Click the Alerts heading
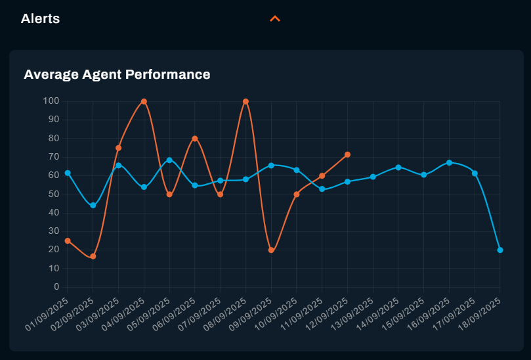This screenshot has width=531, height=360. [40, 18]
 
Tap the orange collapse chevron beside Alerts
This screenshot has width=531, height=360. [275, 18]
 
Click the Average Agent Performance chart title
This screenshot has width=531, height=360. [117, 74]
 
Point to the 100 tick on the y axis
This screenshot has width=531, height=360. [51, 101]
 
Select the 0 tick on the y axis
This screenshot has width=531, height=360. [56, 287]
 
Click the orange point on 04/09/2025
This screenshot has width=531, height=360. [144, 102]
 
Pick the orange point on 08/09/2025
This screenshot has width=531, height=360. [245, 102]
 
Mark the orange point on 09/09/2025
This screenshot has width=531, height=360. [271, 250]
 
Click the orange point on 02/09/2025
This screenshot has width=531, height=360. [93, 256]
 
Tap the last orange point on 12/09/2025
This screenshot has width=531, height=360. [347, 155]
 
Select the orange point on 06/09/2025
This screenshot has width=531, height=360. [195, 139]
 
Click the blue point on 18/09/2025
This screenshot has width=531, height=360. [500, 250]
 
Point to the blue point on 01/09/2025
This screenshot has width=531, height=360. [68, 173]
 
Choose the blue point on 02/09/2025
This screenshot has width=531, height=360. [93, 206]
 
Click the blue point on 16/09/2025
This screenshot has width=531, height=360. [449, 162]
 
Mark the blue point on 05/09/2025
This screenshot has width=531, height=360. [169, 160]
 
